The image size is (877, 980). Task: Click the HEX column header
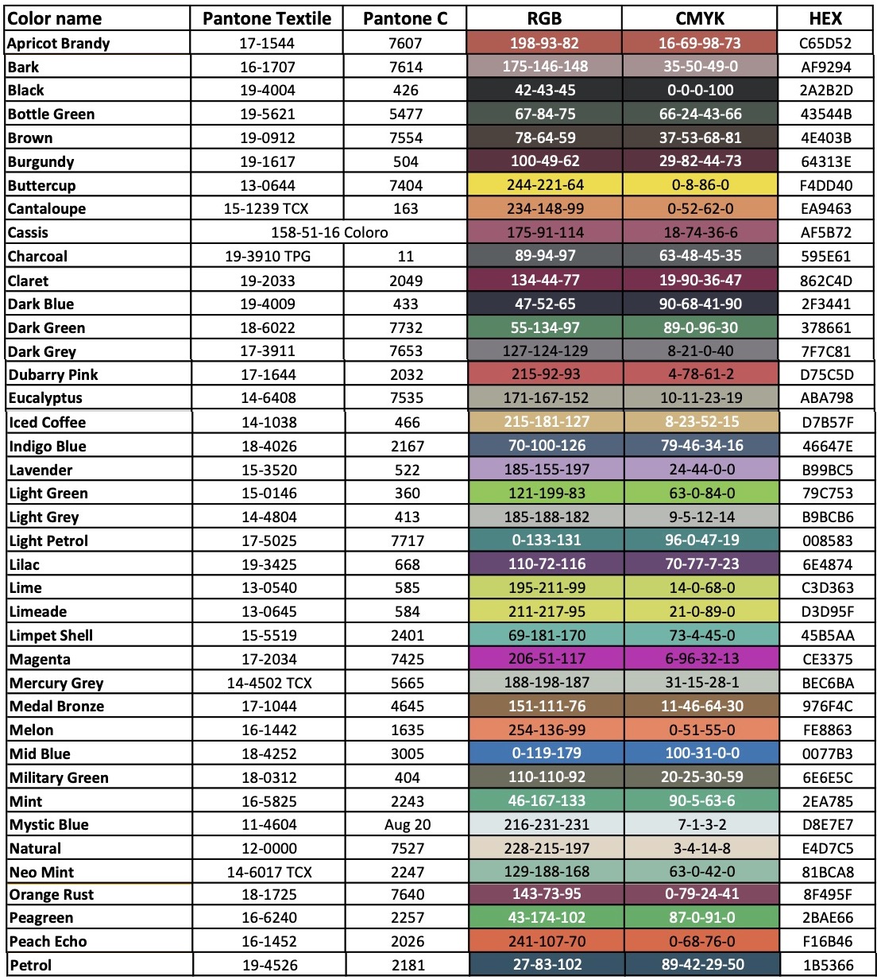pos(825,18)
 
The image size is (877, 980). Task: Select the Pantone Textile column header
pos(267,18)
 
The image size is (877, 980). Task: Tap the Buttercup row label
pos(41,185)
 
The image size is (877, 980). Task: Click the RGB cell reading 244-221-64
pos(545,184)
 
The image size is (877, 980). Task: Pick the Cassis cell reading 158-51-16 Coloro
pos(329,232)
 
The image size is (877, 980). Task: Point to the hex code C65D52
pos(825,44)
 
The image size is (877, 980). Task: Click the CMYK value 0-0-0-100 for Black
pos(700,90)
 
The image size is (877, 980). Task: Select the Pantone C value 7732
pos(406,327)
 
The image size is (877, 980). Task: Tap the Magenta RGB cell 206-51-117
pos(547,658)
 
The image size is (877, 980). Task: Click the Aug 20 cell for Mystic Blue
pos(407,824)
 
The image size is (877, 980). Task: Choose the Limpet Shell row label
pos(51,635)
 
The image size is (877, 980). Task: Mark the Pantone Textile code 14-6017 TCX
pos(269,872)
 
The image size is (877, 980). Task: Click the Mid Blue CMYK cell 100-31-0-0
pos(702,753)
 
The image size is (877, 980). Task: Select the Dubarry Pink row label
pos(53,374)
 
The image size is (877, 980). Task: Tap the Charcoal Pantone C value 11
pos(406,256)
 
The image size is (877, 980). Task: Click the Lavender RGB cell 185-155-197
pos(547,469)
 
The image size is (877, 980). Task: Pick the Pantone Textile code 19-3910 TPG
pos(268,256)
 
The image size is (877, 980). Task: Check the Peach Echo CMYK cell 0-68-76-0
pos(702,941)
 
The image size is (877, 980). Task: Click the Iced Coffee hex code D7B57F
pos(827,422)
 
